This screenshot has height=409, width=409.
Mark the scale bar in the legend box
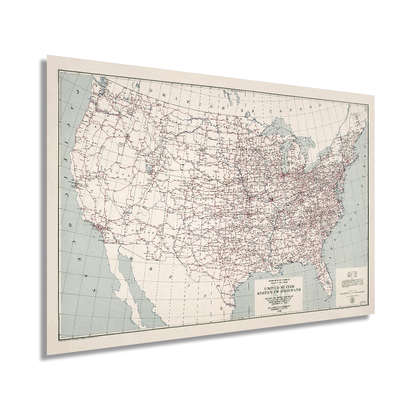[x=352, y=293]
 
